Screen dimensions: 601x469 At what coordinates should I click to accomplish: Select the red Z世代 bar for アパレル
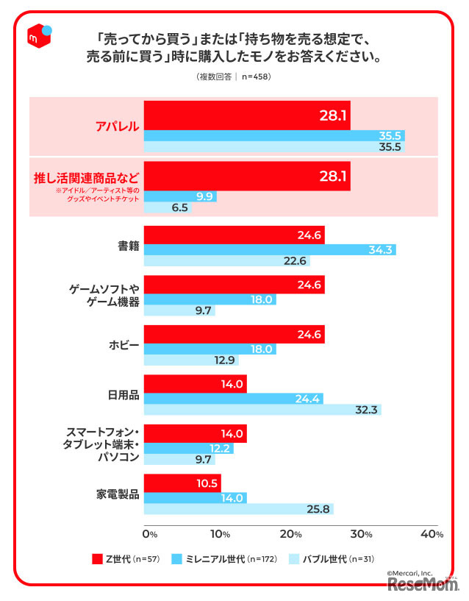point(247,115)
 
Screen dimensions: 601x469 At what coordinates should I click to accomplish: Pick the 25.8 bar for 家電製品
point(238,509)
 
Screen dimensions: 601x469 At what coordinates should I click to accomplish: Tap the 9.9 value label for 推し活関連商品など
point(204,196)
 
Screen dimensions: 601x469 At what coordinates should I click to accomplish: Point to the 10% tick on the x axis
point(218,533)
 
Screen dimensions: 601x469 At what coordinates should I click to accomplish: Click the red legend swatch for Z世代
point(97,558)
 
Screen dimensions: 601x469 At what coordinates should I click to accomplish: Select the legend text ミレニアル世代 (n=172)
point(231,558)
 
